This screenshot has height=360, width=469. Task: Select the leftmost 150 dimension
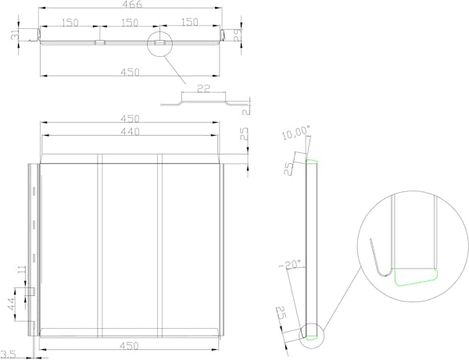[70, 23]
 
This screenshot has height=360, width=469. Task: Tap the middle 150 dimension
[130, 23]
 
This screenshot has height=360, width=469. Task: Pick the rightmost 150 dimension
[190, 22]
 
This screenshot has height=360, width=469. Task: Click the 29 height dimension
[238, 34]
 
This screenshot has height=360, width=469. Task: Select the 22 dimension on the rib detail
[203, 89]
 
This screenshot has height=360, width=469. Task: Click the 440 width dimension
[130, 131]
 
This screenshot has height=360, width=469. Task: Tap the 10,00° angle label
[295, 132]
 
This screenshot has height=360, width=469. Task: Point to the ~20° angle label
[290, 264]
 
